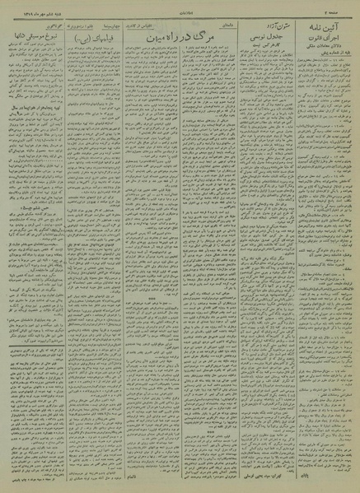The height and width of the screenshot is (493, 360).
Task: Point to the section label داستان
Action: pos(213,26)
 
